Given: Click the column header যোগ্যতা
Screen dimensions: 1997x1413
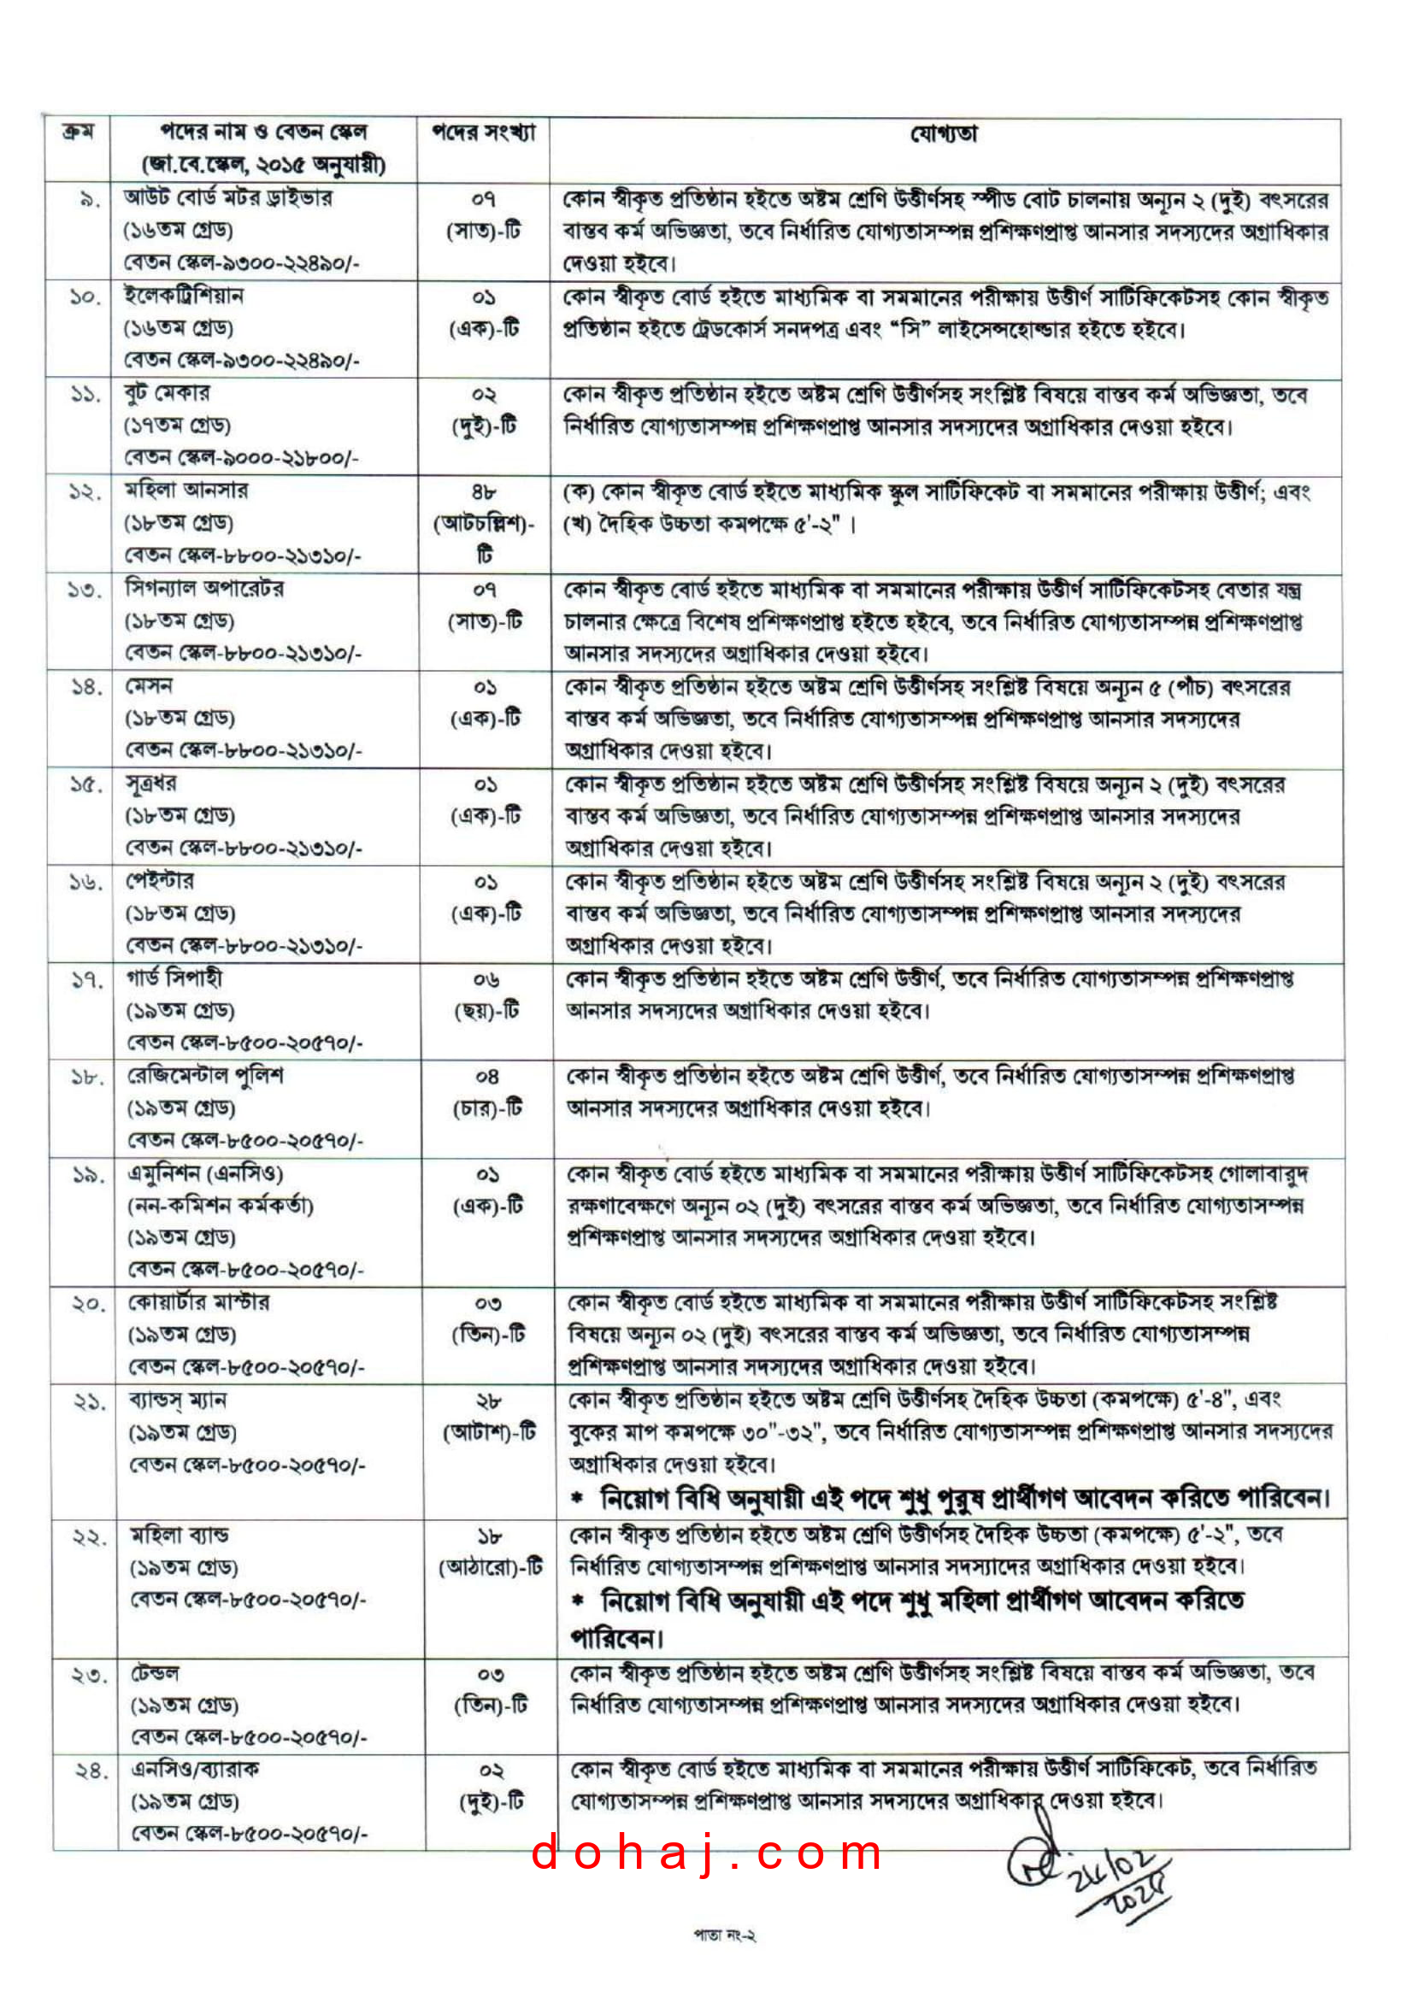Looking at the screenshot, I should [943, 134].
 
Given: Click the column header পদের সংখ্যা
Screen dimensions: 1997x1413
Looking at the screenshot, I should [484, 133].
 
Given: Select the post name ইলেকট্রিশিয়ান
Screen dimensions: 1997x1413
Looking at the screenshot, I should [184, 297].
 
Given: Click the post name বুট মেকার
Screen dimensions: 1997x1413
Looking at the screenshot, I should [167, 394].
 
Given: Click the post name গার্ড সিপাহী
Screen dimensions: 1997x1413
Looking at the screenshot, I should [175, 978].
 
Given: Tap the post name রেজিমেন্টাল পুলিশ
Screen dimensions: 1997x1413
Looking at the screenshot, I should [206, 1076].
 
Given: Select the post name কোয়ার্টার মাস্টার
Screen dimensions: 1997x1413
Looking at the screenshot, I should [199, 1302].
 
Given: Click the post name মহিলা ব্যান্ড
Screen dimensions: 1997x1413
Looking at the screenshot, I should [180, 1536].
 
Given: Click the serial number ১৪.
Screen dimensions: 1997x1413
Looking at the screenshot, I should [86, 688].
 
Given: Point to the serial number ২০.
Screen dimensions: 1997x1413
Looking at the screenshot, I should [88, 1304].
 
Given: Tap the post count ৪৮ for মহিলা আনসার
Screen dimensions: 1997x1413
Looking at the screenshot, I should [485, 492].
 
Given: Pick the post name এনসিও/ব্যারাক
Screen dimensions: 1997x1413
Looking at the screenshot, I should [195, 1770].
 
